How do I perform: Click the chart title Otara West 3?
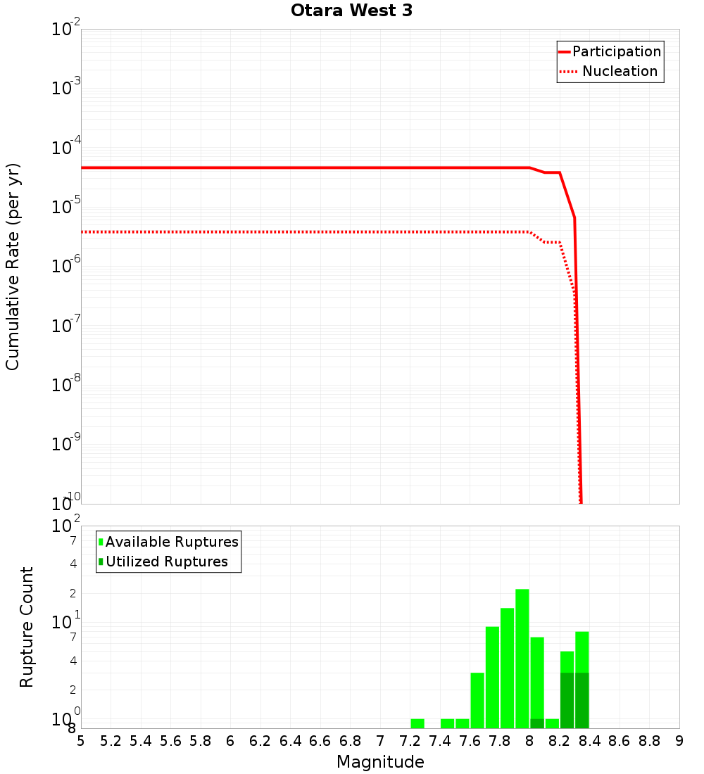[x=351, y=11]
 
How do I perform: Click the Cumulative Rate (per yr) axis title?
[x=13, y=266]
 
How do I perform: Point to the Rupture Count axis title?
[x=27, y=626]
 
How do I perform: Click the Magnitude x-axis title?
[x=380, y=762]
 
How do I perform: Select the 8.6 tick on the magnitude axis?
[x=620, y=741]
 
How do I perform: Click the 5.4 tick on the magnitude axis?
[x=141, y=741]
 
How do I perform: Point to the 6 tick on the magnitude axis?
[x=230, y=741]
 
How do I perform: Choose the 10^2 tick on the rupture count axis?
[x=66, y=526]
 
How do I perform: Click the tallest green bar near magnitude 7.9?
[x=522, y=658]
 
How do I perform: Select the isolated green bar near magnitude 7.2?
[x=417, y=723]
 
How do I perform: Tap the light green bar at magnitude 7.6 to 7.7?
[x=477, y=700]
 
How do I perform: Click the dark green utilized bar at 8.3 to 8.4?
[x=582, y=700]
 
